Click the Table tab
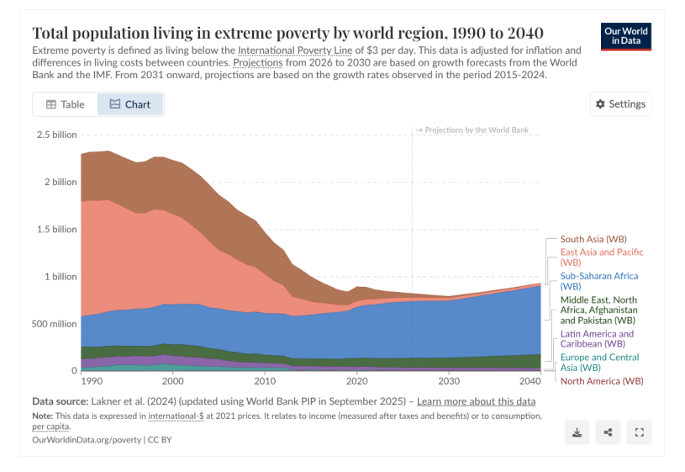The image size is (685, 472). [66, 104]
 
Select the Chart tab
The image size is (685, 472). [130, 104]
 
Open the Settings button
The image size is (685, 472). [620, 103]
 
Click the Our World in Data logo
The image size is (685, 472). [626, 36]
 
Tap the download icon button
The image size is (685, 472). [577, 432]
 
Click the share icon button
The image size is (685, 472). [608, 432]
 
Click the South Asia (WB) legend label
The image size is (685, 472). [593, 240]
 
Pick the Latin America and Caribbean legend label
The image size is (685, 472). [597, 339]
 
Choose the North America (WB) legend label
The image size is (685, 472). [601, 381]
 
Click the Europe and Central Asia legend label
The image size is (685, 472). [598, 362]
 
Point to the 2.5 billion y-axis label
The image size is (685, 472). [56, 135]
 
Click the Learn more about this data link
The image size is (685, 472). [476, 401]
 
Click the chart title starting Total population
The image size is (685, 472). [287, 33]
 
